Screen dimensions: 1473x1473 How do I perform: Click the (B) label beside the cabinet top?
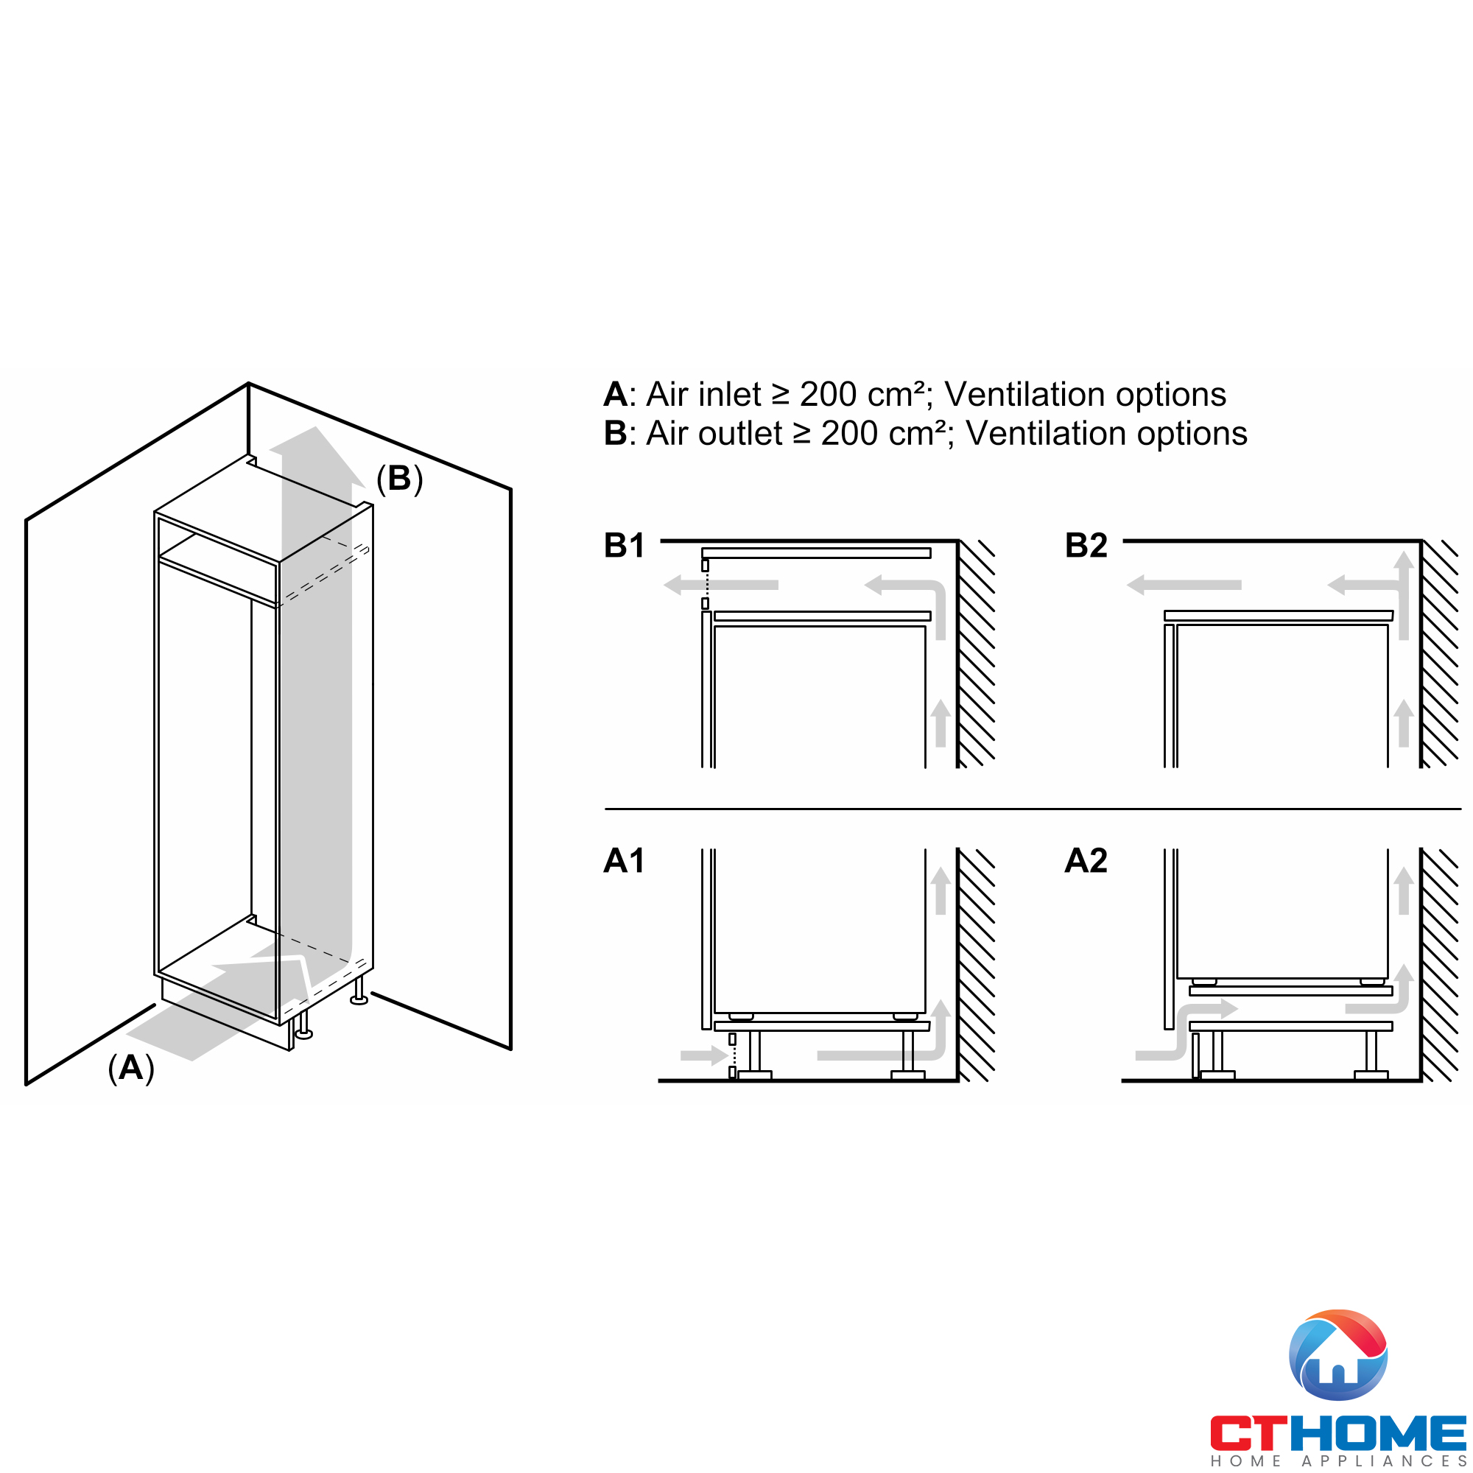(x=399, y=479)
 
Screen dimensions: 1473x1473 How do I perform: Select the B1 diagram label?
(x=624, y=546)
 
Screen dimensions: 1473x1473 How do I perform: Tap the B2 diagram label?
(x=1086, y=546)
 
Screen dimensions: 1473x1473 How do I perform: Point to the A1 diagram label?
(x=624, y=861)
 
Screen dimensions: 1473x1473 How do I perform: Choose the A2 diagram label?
(x=1086, y=861)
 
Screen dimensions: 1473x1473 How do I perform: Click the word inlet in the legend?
(x=730, y=395)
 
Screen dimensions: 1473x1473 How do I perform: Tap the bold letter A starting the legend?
(x=615, y=395)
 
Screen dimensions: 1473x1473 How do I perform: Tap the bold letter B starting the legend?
(x=615, y=434)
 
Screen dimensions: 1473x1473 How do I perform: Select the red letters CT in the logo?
(x=1249, y=1433)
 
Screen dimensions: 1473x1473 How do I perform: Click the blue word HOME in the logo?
(x=1377, y=1433)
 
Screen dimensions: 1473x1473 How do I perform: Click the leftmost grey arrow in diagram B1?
(x=720, y=585)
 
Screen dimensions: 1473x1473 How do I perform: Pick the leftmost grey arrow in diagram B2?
(x=1184, y=585)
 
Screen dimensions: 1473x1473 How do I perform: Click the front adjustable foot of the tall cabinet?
(x=303, y=1025)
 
